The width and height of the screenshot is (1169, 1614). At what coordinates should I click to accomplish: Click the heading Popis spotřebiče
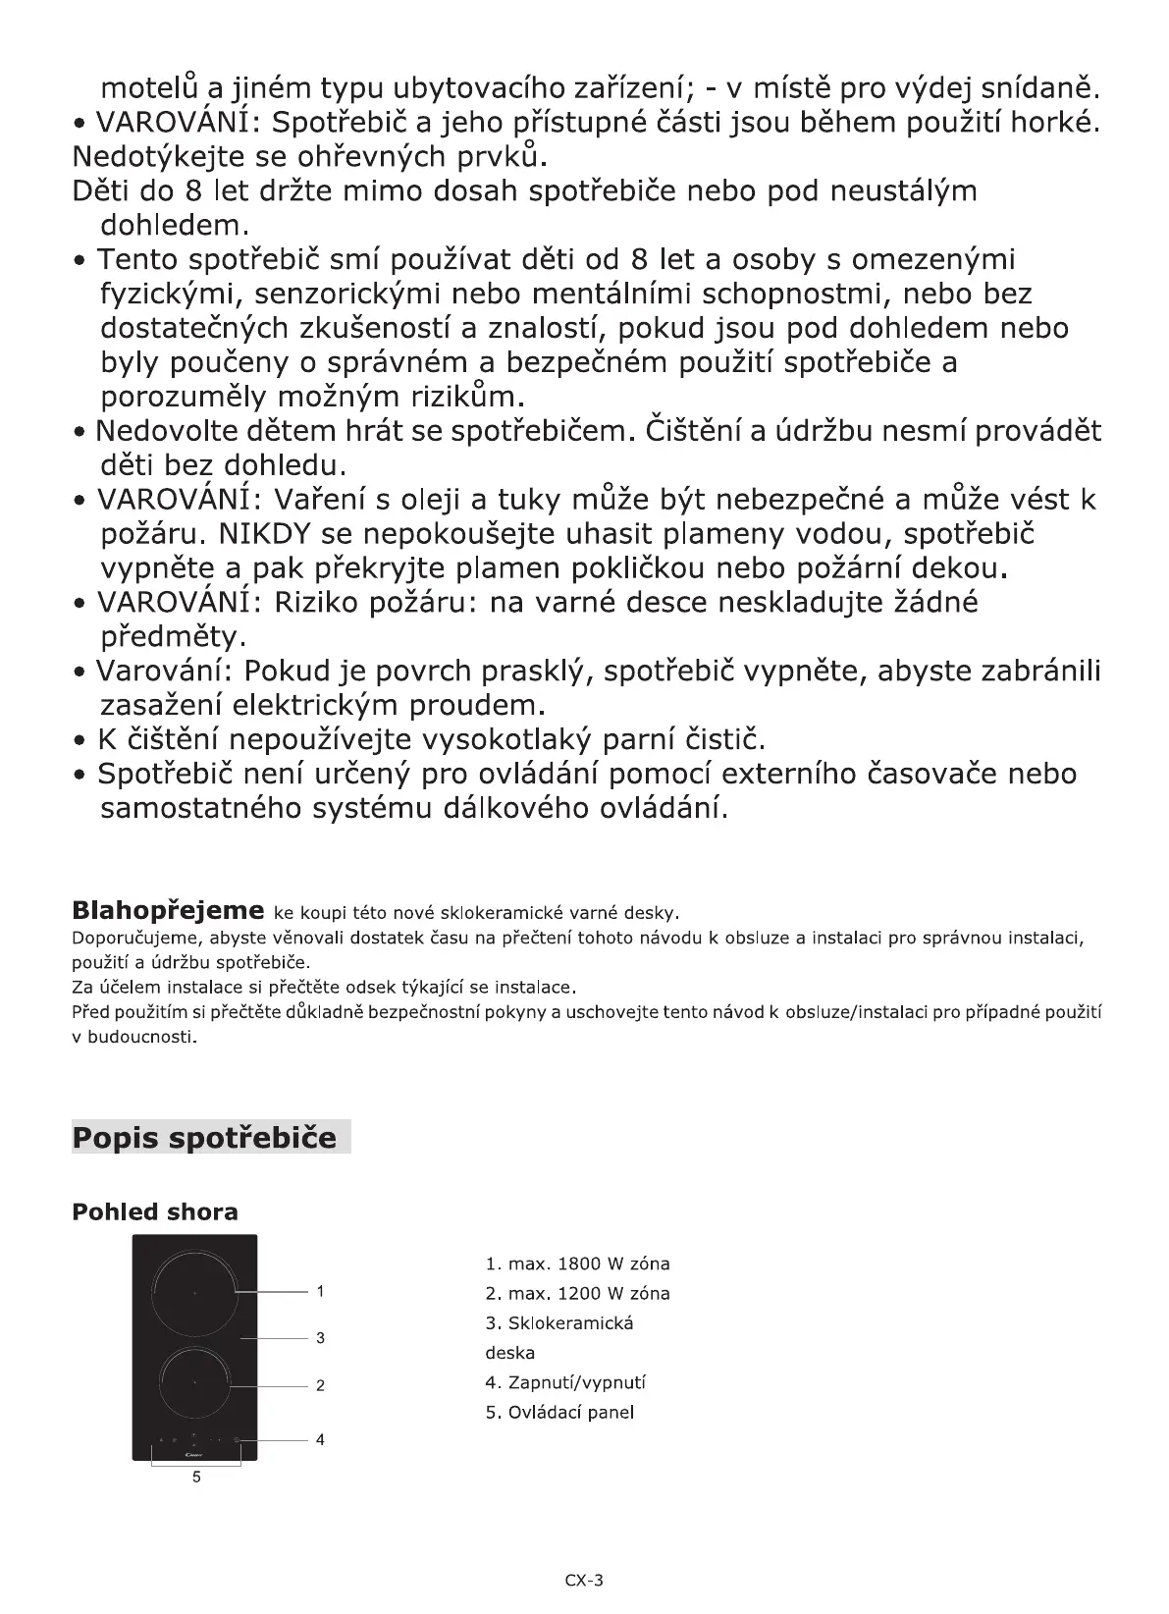click(x=204, y=1138)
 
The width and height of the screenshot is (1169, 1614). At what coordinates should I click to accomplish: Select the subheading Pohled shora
click(x=155, y=1211)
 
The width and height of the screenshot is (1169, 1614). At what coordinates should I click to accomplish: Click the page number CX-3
click(x=584, y=1580)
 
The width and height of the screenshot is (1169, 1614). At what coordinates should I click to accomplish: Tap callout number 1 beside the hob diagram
click(x=320, y=1291)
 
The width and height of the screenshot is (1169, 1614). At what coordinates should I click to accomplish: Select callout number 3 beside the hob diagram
click(x=320, y=1338)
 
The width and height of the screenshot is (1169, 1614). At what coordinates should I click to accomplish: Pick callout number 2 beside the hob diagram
click(x=320, y=1386)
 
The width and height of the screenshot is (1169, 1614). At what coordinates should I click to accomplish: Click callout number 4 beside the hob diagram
click(x=320, y=1440)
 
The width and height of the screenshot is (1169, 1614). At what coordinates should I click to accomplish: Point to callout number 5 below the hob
click(x=196, y=1477)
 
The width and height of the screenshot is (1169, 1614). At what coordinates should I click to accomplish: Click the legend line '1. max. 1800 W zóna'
click(x=577, y=1264)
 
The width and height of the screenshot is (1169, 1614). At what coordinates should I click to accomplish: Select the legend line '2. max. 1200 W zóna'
click(x=577, y=1294)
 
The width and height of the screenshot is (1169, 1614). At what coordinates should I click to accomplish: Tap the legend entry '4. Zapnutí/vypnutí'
click(x=565, y=1382)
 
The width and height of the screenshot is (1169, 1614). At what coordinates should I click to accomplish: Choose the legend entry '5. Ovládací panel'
click(x=559, y=1413)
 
